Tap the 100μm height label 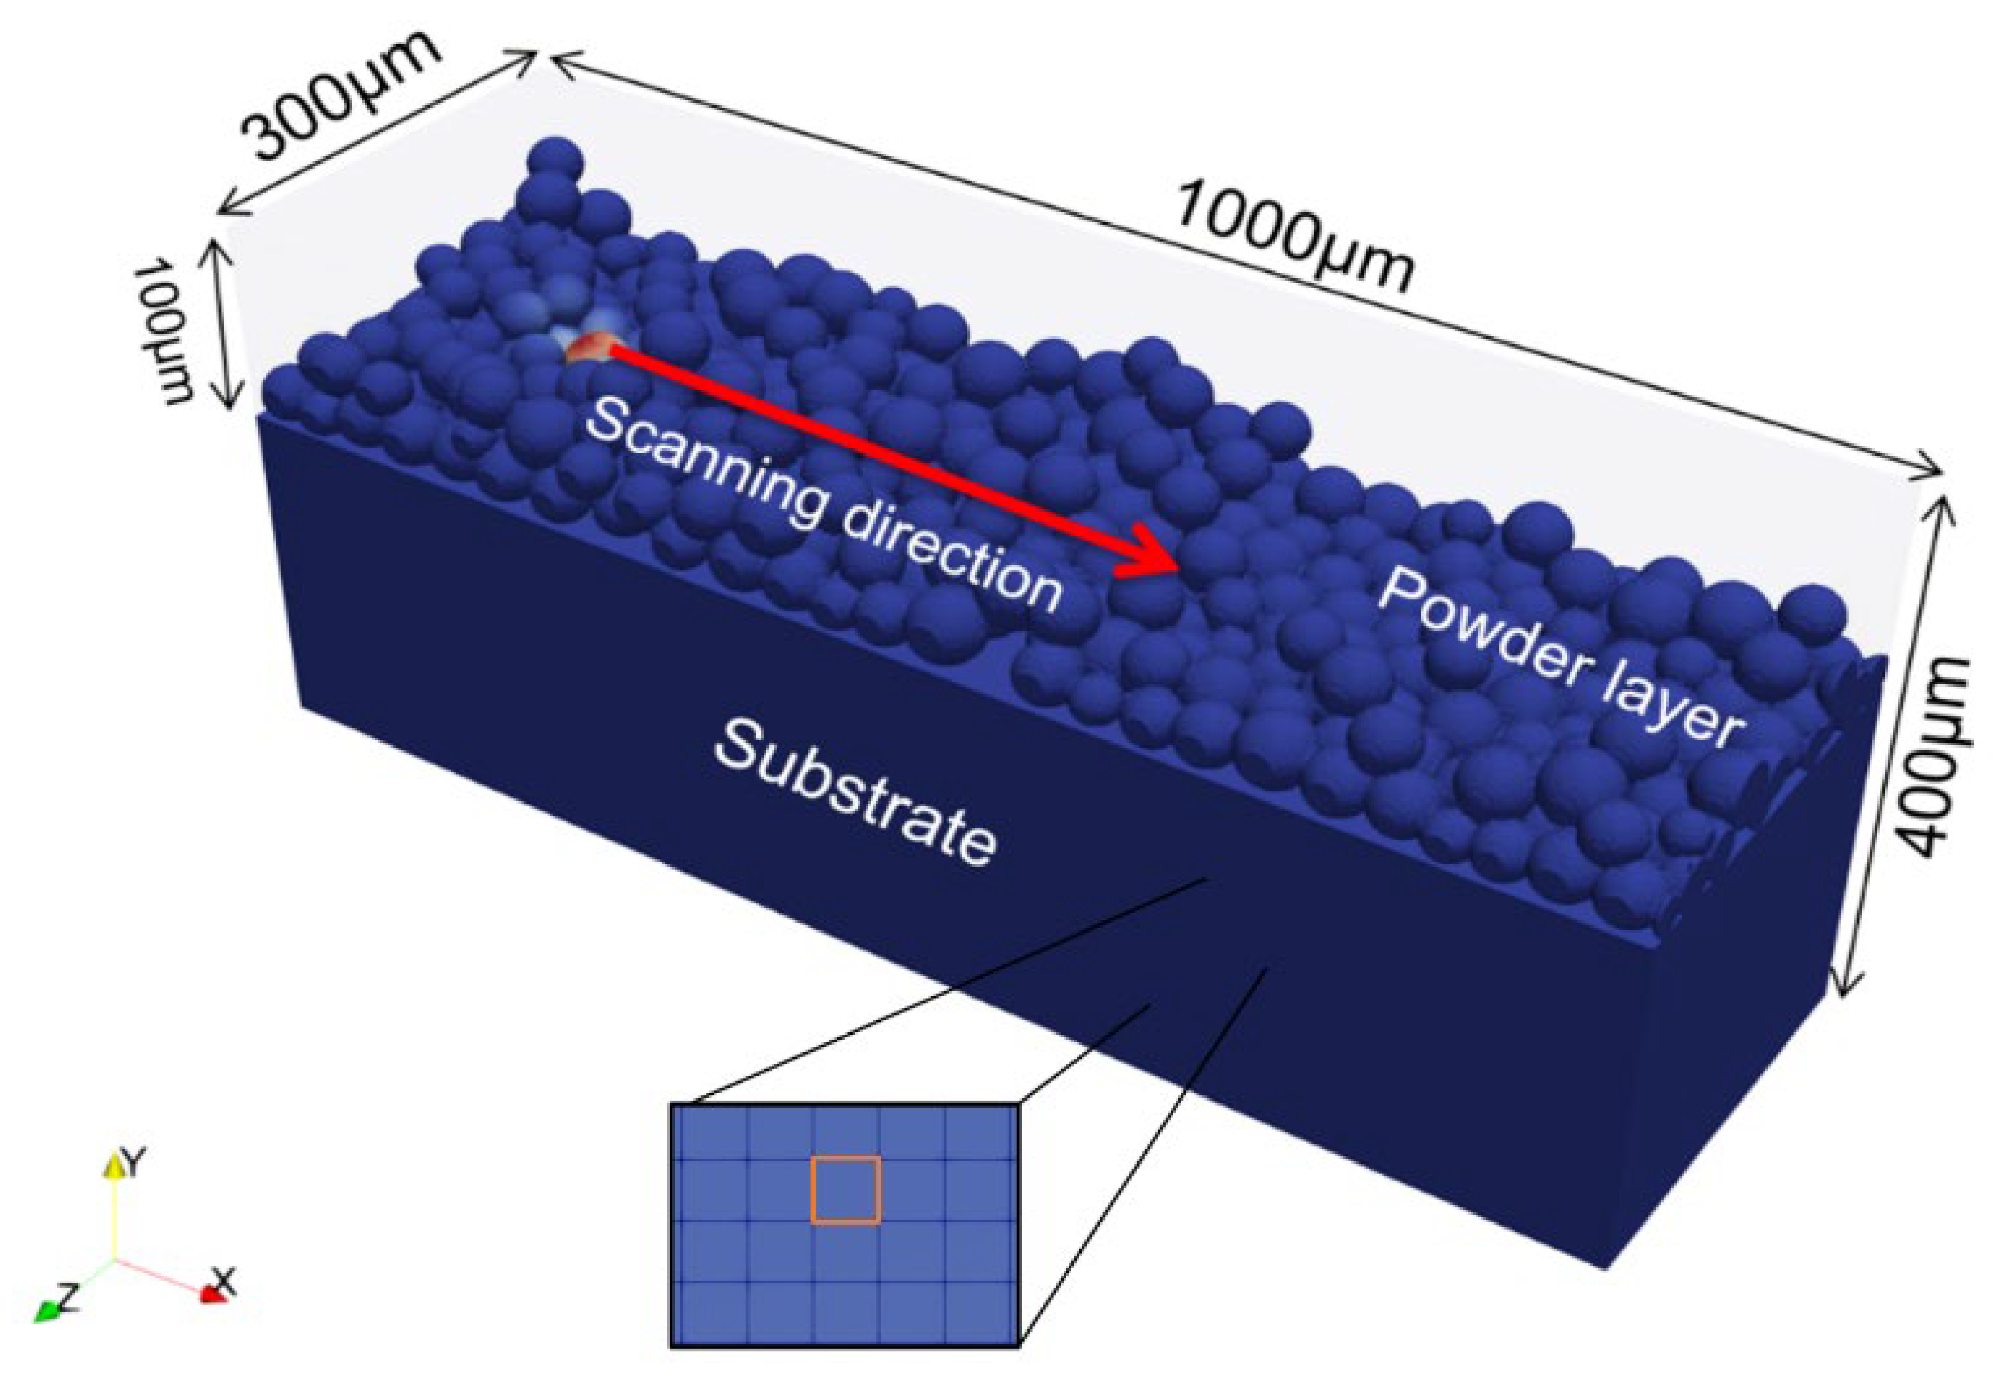[x=167, y=332]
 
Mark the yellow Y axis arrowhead [x=114, y=1166]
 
